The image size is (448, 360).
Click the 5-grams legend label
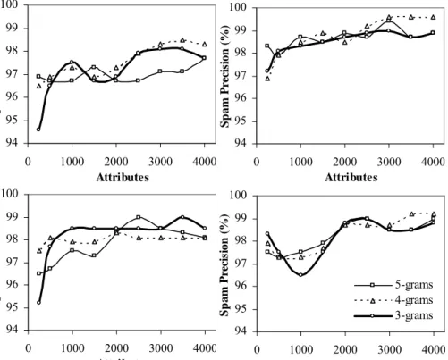[414, 285]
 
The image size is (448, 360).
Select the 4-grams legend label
[414, 300]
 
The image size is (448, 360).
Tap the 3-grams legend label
[414, 315]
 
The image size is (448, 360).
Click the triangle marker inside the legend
[372, 301]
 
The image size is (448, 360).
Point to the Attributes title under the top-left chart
[123, 177]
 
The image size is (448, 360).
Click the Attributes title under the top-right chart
[351, 178]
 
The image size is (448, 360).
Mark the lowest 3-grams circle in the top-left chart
[38, 130]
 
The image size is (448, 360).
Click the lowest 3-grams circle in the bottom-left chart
[38, 303]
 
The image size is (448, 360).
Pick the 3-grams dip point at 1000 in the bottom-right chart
[300, 275]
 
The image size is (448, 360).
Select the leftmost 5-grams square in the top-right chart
[267, 46]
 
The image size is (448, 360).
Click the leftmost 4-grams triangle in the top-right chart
[267, 79]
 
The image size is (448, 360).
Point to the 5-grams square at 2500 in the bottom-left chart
[139, 217]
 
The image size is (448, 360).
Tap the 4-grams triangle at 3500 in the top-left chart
[182, 40]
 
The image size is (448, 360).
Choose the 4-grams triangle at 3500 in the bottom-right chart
[411, 213]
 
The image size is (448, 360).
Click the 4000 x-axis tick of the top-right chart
[433, 162]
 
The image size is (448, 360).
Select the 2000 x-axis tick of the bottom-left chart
[116, 348]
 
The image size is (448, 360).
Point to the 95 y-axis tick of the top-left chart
[12, 121]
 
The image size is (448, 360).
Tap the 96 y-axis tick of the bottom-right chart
[241, 287]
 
